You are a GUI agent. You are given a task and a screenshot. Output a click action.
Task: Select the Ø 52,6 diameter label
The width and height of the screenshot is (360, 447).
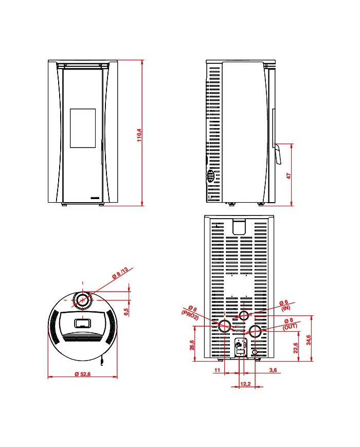82,374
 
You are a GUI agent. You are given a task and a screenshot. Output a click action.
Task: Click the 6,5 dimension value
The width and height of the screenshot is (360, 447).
127,311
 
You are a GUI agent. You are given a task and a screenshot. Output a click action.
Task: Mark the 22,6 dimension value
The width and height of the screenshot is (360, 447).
296,348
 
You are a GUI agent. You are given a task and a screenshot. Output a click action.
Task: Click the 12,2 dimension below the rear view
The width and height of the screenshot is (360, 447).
245,384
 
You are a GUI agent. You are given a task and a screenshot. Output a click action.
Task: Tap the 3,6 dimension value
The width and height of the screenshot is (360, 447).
273,370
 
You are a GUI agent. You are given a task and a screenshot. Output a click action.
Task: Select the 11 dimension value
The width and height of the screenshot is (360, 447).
217,370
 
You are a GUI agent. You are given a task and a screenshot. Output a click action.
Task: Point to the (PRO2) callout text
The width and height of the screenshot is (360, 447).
189,315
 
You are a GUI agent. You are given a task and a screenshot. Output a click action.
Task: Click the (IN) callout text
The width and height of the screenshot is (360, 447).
285,308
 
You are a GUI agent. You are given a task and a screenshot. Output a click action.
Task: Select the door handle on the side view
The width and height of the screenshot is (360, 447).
278,154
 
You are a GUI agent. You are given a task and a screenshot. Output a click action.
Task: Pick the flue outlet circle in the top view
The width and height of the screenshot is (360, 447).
82,300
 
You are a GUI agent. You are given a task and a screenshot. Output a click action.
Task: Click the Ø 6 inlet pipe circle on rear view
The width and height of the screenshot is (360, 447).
245,315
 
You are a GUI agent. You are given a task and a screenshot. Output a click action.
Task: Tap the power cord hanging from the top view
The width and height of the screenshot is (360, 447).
102,362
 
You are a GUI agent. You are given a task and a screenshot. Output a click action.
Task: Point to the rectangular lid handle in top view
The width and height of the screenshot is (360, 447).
82,323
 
